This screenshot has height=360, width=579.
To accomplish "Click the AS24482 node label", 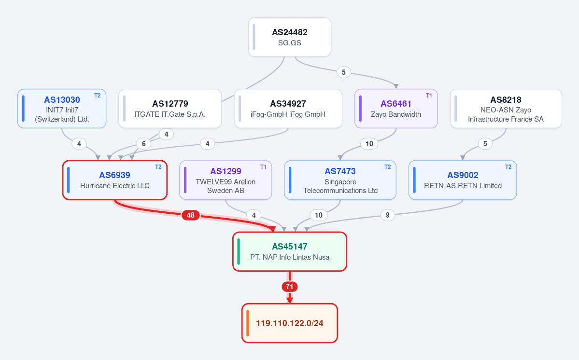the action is coord(290,32).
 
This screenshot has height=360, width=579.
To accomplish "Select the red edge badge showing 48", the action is coord(191,215).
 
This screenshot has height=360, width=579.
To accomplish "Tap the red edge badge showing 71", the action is coord(290,287).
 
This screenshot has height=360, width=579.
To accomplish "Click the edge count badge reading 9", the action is coord(387,215).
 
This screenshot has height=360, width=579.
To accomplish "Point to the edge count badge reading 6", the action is coord(143,143).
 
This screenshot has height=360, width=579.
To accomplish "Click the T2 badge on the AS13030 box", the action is coord(97,96).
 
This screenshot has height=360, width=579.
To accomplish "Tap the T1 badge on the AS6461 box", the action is coord(429,96).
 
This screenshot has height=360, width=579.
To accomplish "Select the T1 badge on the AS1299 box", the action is coord(263,167).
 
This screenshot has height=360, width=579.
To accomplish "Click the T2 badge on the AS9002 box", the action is coord(508,167).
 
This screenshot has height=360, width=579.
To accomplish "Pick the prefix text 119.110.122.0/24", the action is coord(290,323).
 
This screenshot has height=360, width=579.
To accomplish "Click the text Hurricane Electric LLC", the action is coord(115,185).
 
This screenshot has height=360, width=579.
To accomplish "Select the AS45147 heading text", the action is coord(290,247).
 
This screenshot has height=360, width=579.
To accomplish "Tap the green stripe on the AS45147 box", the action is coord(239,251).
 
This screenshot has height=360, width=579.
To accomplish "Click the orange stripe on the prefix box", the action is coord(247,323).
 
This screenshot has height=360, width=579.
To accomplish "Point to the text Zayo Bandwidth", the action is coord(396,114).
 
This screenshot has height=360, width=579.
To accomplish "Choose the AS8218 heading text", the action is coord(506,100).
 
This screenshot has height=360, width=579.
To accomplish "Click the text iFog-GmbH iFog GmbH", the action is coord(288,114).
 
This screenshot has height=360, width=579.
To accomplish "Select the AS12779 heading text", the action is coord(170,104).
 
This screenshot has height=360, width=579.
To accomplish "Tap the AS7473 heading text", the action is coord(340,171).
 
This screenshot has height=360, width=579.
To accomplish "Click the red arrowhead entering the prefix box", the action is coord(290,300).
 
